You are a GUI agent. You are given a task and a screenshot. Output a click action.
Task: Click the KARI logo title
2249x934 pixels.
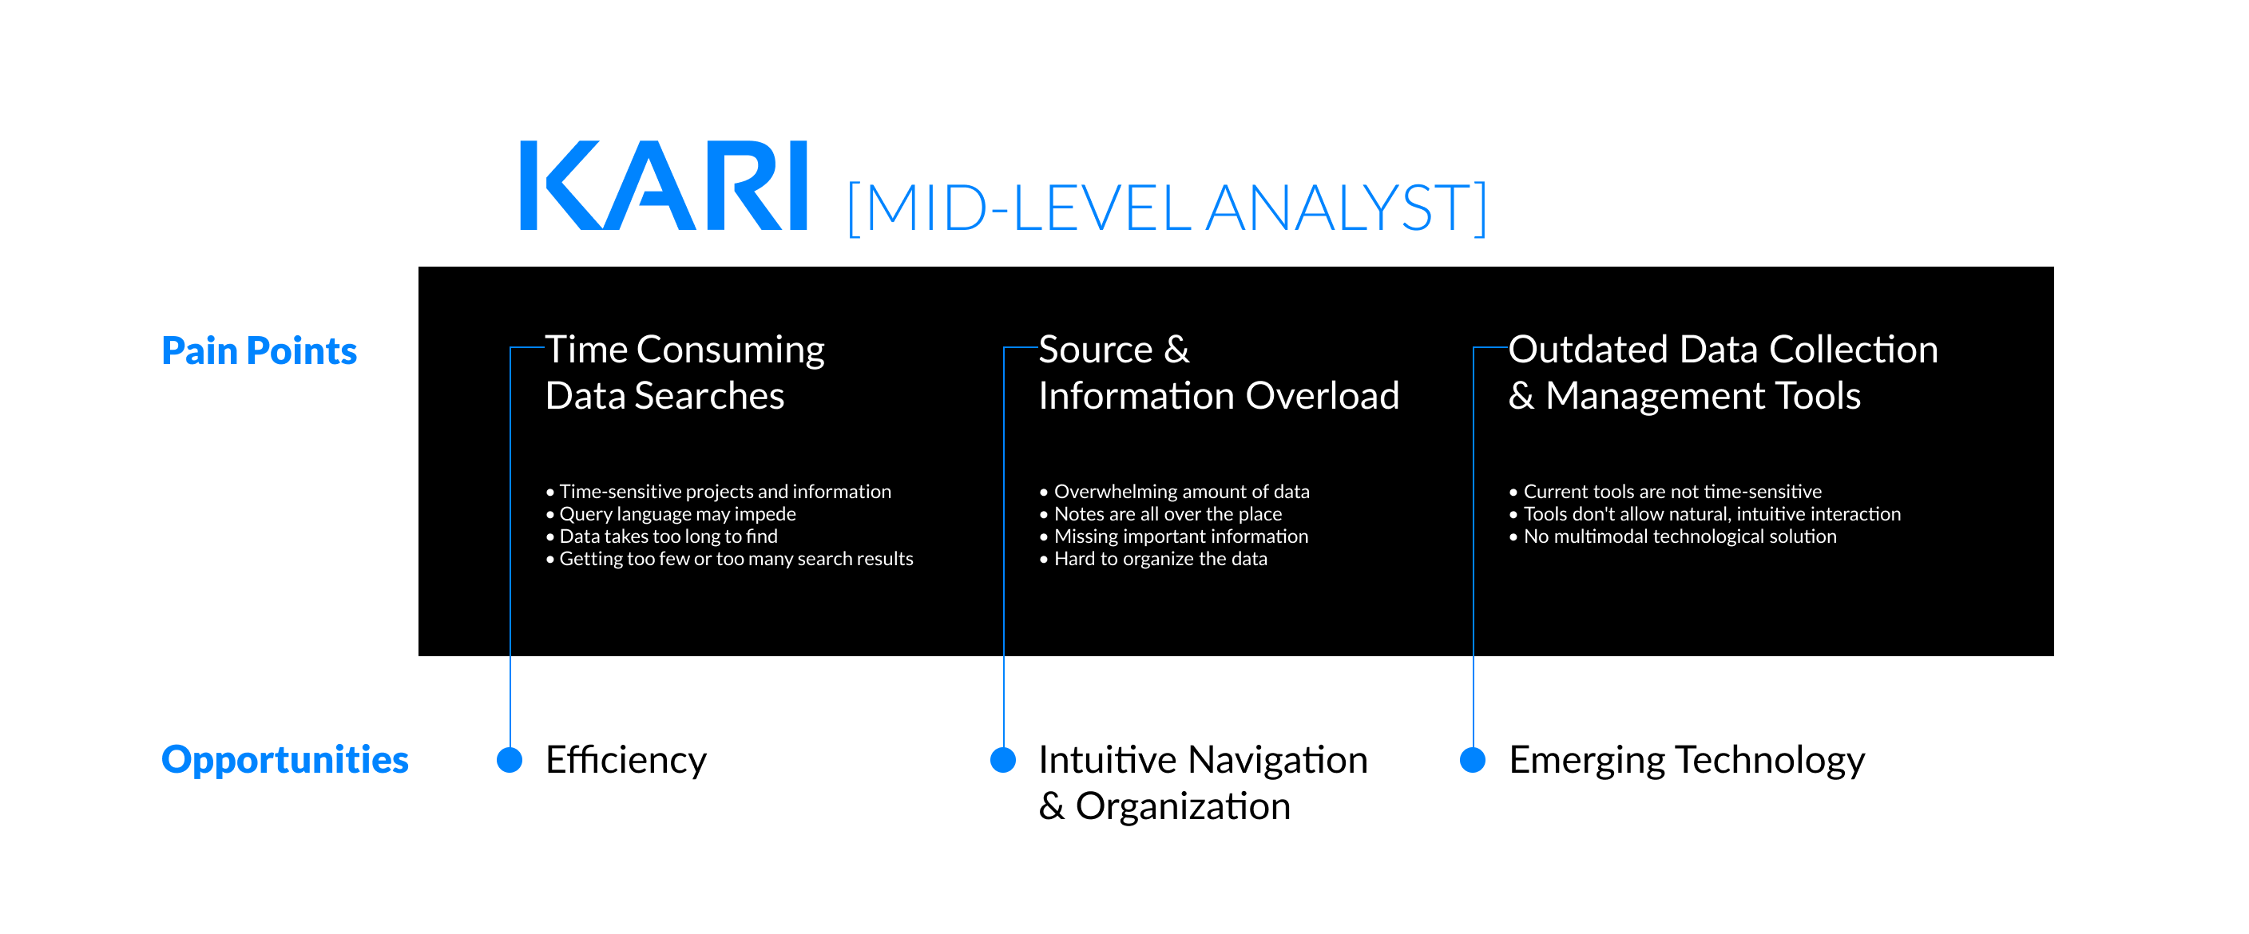[664, 185]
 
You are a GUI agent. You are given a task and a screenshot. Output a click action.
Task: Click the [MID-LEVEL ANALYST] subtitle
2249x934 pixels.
[1168, 208]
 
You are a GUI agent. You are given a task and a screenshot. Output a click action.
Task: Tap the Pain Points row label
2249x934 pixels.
[260, 351]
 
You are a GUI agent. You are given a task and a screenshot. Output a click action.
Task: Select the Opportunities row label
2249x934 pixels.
[284, 760]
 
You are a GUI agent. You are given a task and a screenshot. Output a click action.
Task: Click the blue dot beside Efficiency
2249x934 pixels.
[510, 759]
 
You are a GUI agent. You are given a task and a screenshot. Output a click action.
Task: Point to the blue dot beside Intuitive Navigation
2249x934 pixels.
[1003, 759]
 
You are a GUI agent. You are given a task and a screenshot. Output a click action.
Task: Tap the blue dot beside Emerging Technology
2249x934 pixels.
[1473, 759]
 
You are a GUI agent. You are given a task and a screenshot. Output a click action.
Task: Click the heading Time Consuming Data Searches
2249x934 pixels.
[685, 373]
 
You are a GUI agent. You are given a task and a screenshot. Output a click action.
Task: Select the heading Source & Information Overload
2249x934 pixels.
[1219, 373]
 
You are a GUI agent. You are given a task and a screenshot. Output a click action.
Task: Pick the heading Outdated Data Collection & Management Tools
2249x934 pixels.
[1723, 373]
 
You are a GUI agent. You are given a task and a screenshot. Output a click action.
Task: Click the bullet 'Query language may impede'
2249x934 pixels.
[671, 514]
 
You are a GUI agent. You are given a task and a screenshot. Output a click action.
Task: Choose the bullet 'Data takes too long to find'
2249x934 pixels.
[662, 536]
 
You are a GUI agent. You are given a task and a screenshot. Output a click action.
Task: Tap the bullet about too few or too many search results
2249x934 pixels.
[730, 559]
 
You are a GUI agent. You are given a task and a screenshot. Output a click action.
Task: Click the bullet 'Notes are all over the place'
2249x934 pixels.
[1160, 514]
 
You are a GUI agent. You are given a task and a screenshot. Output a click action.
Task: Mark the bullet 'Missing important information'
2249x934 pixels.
[1173, 536]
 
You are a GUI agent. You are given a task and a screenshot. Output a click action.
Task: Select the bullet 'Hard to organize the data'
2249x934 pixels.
[1153, 559]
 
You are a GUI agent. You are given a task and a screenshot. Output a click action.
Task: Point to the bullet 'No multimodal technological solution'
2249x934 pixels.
[1673, 536]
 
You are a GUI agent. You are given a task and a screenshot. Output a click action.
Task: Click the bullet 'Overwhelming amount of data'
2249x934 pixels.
[1174, 492]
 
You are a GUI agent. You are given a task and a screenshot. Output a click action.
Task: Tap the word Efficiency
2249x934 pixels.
[626, 760]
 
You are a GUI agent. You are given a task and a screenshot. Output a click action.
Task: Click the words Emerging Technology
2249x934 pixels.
[1687, 760]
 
